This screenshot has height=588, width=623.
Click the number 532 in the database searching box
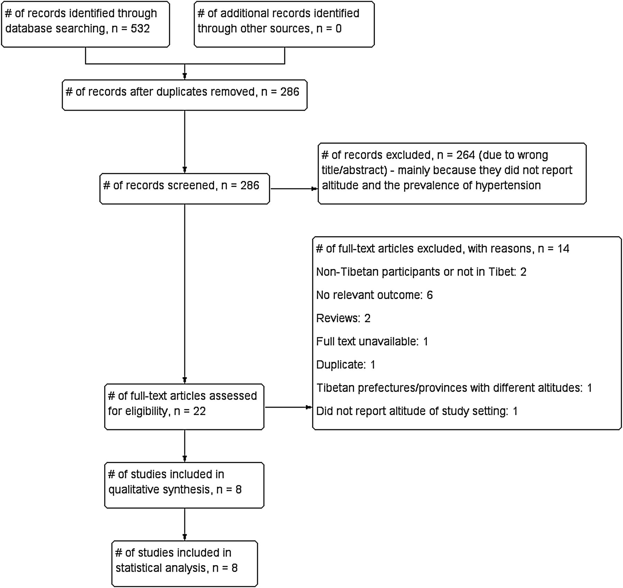tap(140, 28)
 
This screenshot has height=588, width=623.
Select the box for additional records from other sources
tap(284, 24)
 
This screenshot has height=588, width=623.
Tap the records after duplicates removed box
tap(184, 95)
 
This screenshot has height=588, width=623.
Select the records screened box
tap(184, 189)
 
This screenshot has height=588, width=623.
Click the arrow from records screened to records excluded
tap(294, 189)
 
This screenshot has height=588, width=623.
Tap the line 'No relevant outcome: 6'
tap(374, 295)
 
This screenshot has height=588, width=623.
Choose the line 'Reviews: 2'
tap(343, 318)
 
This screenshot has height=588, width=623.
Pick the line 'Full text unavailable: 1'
tap(372, 341)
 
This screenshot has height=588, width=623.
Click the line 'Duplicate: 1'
tap(346, 365)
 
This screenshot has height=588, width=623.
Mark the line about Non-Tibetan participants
tap(421, 272)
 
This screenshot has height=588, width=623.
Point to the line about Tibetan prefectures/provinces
tap(454, 388)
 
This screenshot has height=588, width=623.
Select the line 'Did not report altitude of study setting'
tap(417, 411)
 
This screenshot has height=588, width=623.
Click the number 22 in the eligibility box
tap(199, 411)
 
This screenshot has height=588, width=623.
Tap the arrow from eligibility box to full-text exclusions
tap(288, 407)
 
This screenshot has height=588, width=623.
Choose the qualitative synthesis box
tap(184, 485)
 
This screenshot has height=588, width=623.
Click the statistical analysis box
tap(184, 563)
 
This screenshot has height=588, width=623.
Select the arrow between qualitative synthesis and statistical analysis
tap(184, 524)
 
